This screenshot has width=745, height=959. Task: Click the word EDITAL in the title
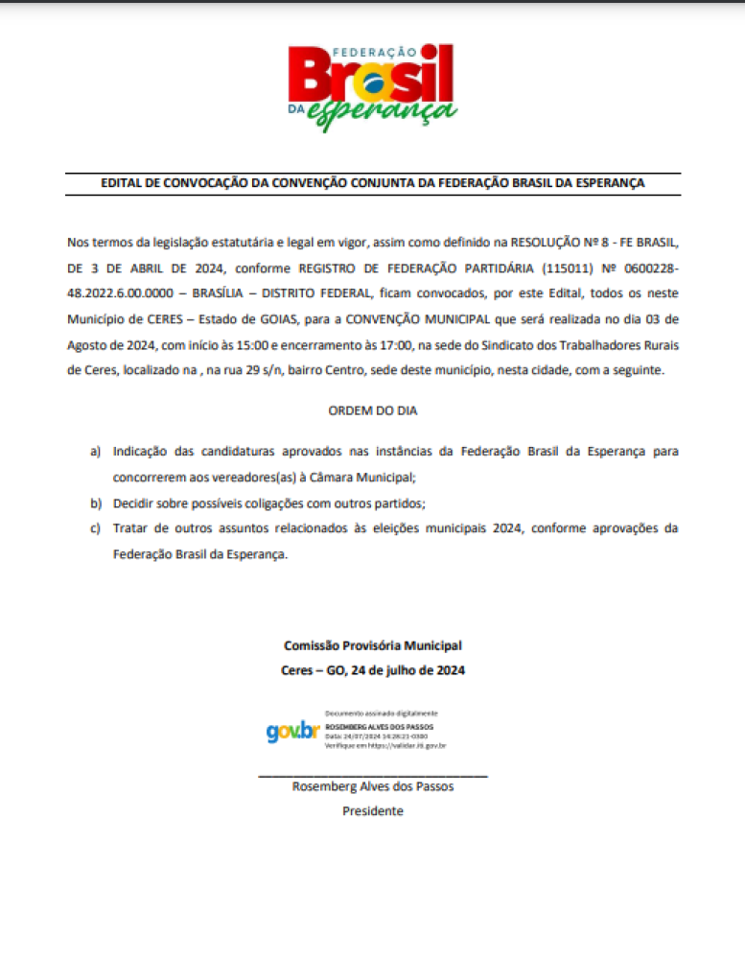point(121,182)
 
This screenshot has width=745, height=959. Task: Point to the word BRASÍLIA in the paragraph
point(233,292)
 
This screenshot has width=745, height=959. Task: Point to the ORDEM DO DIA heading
point(373,410)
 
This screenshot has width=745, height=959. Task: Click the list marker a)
point(95,451)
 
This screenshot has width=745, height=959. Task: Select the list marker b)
point(95,503)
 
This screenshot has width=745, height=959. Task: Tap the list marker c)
point(95,528)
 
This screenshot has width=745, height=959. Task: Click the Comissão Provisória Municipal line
point(372,646)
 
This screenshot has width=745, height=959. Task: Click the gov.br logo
point(291,731)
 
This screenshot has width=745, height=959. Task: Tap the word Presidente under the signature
point(373,811)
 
